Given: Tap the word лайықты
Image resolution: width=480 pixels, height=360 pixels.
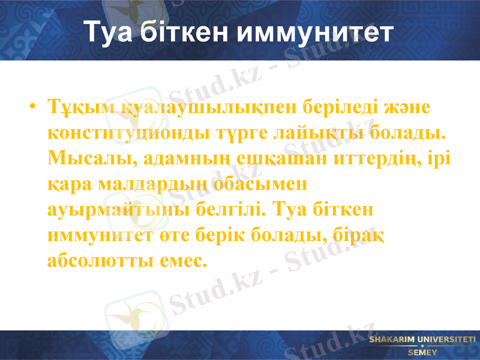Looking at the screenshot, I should (x=315, y=131).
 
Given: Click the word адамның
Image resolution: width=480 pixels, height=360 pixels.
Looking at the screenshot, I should (x=179, y=157).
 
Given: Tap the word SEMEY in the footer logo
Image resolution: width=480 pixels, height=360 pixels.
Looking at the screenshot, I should (x=422, y=352).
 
